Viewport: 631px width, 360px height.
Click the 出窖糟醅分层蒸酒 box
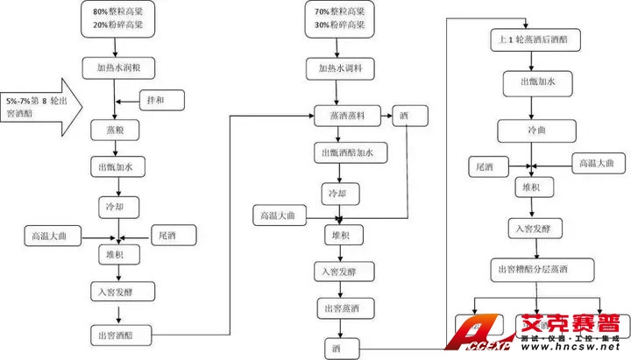[542, 269]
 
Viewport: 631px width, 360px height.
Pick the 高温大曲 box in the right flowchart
[600, 163]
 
